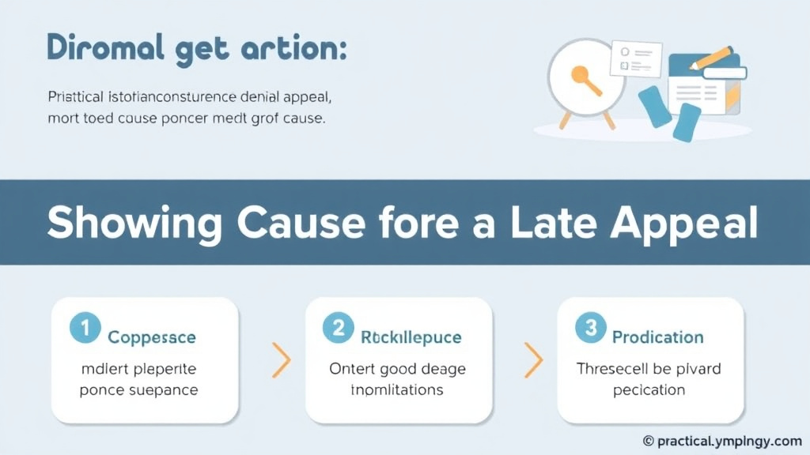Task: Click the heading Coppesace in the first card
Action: click(x=152, y=337)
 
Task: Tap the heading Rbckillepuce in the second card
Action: click(x=411, y=337)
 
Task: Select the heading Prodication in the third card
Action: click(x=657, y=337)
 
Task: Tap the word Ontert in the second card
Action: click(x=350, y=369)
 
